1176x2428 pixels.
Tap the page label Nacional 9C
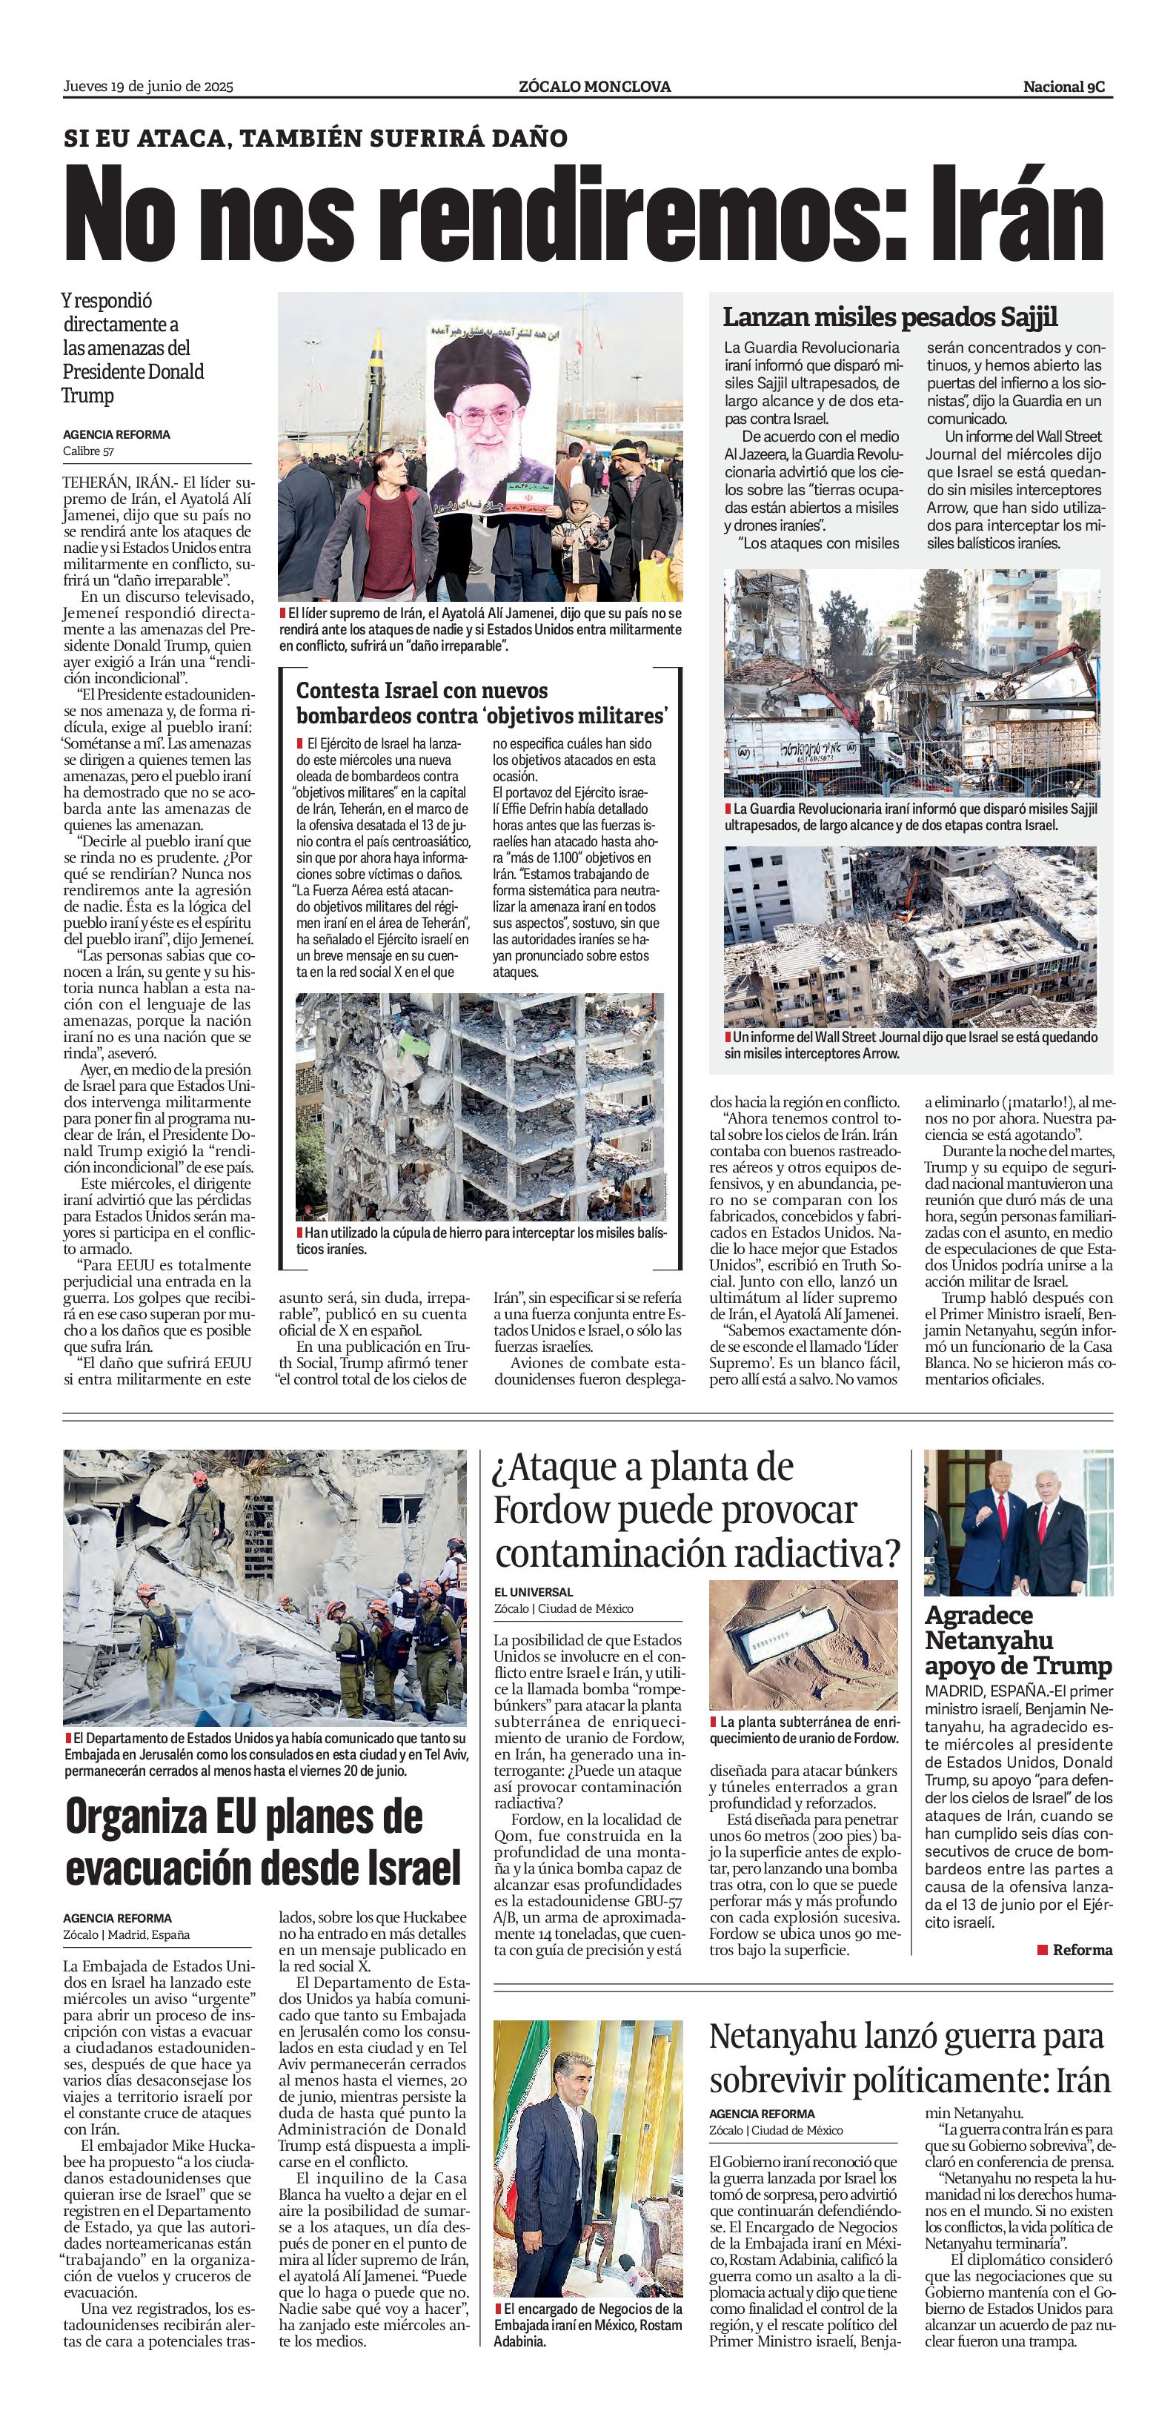click(1066, 87)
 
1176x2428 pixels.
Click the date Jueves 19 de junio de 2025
click(148, 87)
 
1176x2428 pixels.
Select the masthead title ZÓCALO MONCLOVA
click(594, 87)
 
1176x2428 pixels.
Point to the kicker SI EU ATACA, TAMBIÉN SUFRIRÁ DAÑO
click(316, 139)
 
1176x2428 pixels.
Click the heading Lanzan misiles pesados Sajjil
click(889, 316)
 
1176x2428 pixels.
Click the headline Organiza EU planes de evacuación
click(263, 1842)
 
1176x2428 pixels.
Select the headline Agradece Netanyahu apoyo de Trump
click(1017, 1640)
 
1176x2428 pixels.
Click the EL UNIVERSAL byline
click(534, 1592)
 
